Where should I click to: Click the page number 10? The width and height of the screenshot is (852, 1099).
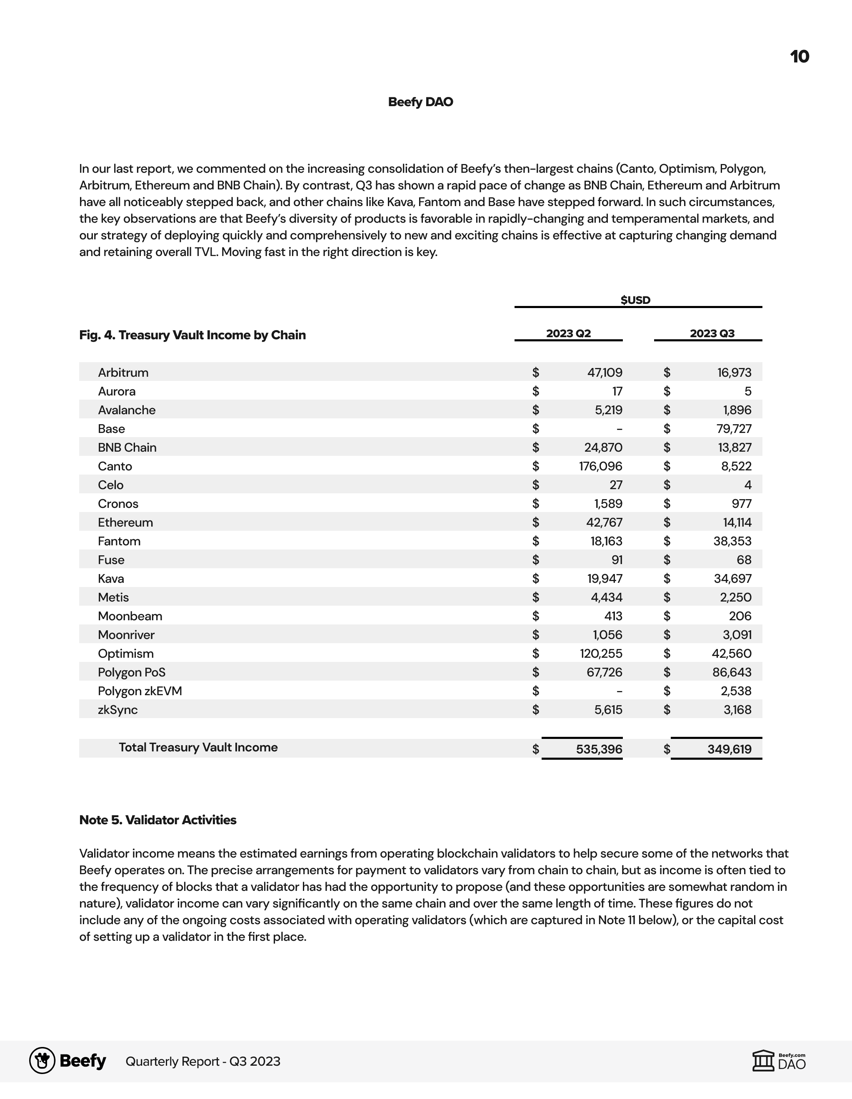click(x=799, y=56)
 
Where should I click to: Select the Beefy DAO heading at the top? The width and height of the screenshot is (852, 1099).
click(x=420, y=102)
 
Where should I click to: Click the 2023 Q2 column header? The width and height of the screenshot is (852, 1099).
click(x=569, y=333)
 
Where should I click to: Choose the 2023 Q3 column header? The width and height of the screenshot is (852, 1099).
click(x=712, y=333)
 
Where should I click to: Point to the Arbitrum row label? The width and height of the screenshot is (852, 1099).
click(x=123, y=373)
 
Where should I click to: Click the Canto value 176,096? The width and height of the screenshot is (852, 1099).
click(x=600, y=467)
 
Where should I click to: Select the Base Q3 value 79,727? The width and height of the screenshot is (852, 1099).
click(x=734, y=429)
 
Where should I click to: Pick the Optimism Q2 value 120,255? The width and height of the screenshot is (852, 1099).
click(x=600, y=654)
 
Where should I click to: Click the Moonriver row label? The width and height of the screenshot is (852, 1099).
click(x=126, y=635)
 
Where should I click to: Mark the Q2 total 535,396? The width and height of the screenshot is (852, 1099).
click(x=599, y=749)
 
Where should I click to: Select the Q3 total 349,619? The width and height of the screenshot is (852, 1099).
click(x=729, y=749)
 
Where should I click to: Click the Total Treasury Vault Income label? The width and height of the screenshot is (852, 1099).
click(x=198, y=748)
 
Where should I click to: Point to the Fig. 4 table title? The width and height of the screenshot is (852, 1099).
click(x=192, y=335)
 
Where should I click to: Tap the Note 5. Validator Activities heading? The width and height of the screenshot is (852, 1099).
click(x=157, y=820)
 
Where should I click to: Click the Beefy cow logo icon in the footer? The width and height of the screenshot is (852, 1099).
click(x=42, y=1061)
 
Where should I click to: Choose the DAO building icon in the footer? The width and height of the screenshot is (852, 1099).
click(x=763, y=1061)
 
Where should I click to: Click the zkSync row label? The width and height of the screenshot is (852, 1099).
click(x=118, y=710)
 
